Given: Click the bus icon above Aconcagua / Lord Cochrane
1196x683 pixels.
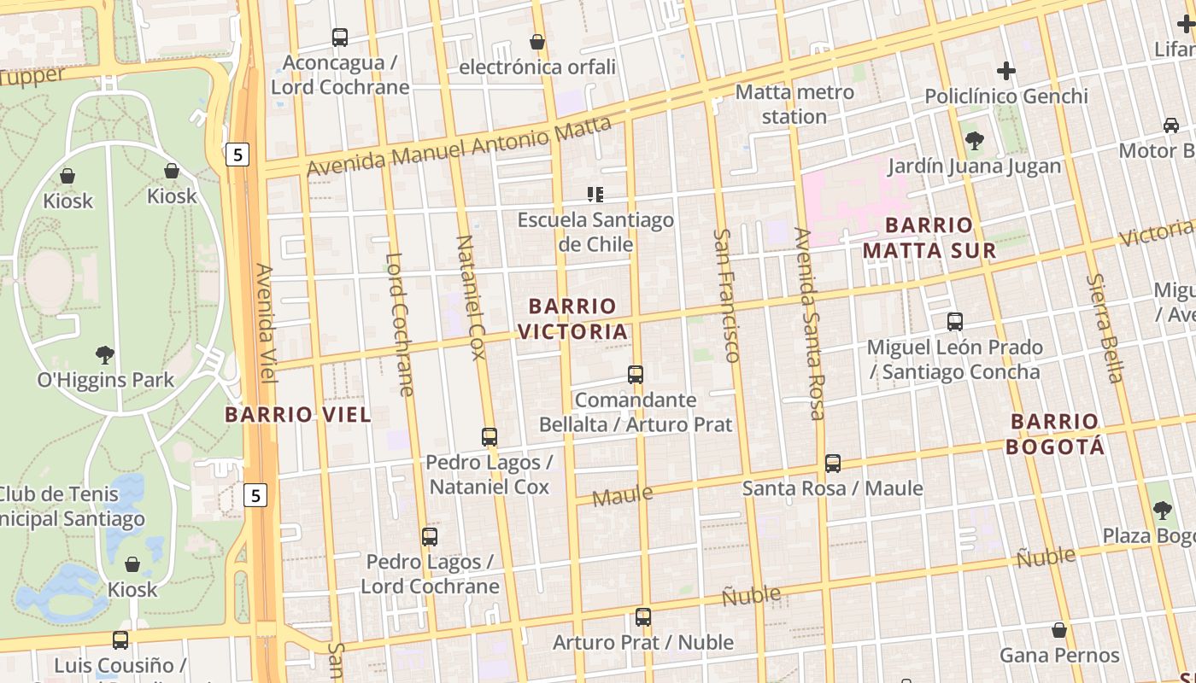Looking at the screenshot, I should (x=340, y=38).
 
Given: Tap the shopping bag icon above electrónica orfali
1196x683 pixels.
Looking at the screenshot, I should (x=537, y=42).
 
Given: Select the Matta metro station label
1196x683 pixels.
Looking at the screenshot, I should (x=794, y=104).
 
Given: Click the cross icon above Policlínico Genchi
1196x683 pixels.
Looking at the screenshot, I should (x=1006, y=71).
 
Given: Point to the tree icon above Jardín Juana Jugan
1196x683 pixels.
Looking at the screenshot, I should (x=974, y=141).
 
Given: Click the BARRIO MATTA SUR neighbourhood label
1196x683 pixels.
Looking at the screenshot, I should (x=929, y=237).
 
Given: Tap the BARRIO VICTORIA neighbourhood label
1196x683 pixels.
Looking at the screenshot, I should (x=572, y=318).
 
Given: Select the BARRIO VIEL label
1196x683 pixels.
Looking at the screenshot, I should (x=298, y=415).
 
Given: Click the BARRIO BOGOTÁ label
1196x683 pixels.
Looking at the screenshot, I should (x=1055, y=434).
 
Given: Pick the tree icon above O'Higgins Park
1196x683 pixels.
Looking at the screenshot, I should (x=105, y=354).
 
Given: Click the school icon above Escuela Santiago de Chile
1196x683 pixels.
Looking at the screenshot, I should (x=595, y=195).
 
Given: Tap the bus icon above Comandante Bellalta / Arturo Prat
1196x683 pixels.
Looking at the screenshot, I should (x=635, y=374).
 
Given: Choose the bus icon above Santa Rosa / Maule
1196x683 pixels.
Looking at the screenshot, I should (x=832, y=464).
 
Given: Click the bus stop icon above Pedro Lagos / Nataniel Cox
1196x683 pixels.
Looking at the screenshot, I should (x=490, y=437).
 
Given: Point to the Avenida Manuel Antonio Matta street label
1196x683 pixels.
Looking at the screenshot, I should (x=459, y=147).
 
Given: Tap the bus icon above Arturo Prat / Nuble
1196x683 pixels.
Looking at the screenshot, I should (x=643, y=616).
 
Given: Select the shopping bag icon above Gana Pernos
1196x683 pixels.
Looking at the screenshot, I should (x=1059, y=630).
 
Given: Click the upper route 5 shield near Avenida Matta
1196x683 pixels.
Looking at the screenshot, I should (x=237, y=155).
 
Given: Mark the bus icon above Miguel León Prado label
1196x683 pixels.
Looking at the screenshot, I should (x=955, y=322).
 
